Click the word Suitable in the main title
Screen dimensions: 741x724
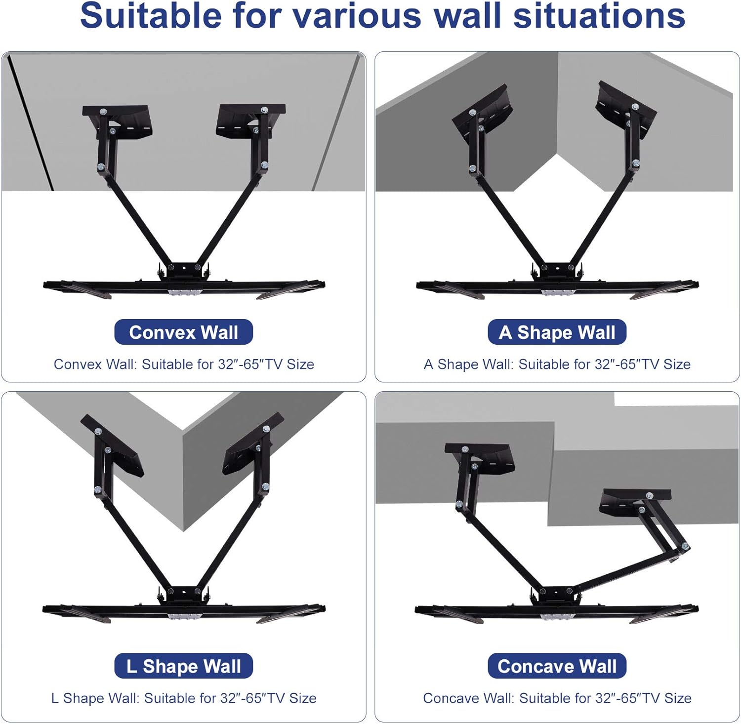pyautogui.click(x=151, y=16)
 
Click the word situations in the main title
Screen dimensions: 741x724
pyautogui.click(x=599, y=16)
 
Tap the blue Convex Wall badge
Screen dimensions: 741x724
pyautogui.click(x=184, y=332)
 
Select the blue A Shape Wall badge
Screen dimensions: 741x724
pyautogui.click(x=557, y=332)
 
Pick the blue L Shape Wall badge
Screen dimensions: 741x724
pyautogui.click(x=184, y=666)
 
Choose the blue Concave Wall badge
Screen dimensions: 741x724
pyautogui.click(x=557, y=666)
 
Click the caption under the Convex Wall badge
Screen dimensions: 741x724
pyautogui.click(x=184, y=364)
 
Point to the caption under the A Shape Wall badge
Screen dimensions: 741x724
pyautogui.click(x=557, y=364)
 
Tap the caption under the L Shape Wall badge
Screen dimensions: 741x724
pyautogui.click(x=184, y=698)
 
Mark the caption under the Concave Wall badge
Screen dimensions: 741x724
pyautogui.click(x=557, y=698)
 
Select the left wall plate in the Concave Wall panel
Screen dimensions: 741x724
pyautogui.click(x=479, y=458)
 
